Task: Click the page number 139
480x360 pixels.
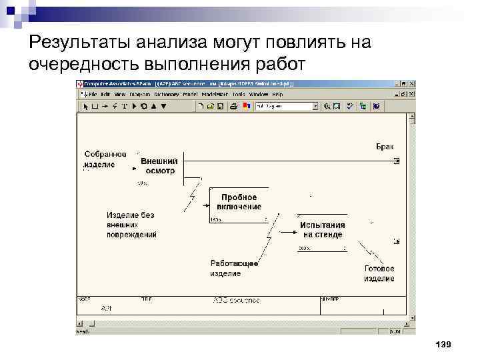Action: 443,344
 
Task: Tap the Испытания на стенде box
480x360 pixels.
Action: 322,231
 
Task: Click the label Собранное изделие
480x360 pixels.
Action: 105,159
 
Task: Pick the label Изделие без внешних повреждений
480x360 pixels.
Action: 132,225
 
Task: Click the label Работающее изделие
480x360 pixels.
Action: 234,268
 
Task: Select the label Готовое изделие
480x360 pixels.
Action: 379,273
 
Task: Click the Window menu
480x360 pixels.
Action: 259,95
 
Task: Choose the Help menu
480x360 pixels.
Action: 277,95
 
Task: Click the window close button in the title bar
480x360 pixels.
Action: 413,85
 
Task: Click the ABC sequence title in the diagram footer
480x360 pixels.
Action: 236,301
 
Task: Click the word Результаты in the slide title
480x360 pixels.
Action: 77,43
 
